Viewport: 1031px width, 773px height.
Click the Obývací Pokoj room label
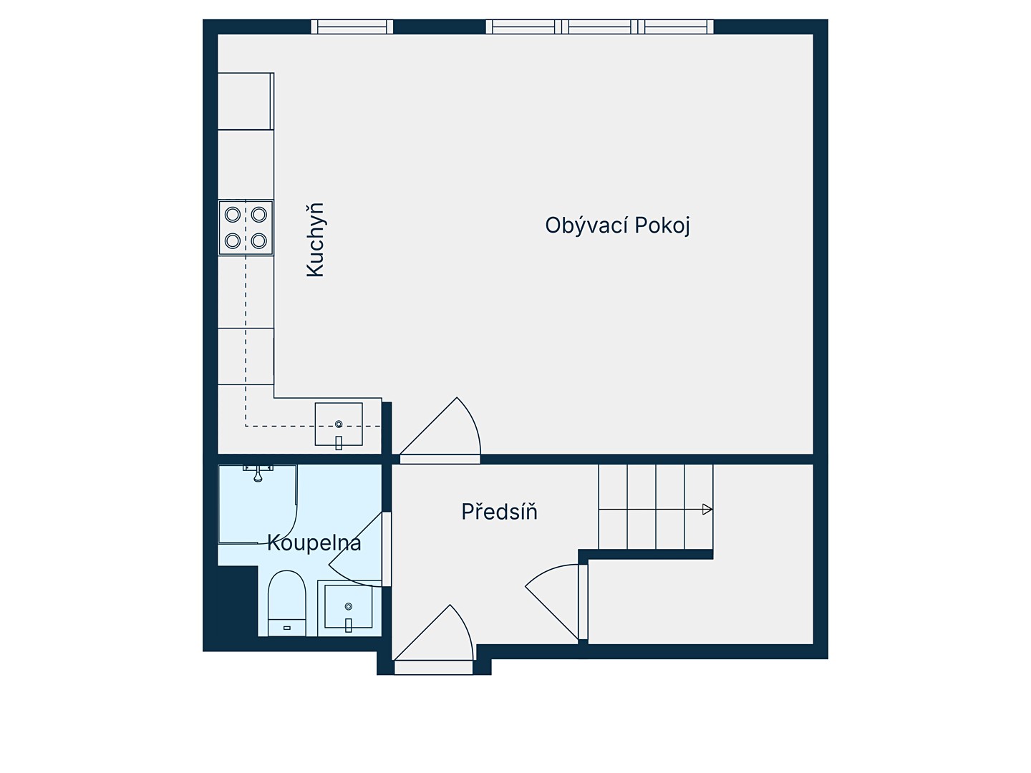(617, 225)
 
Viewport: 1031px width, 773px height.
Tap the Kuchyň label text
(315, 240)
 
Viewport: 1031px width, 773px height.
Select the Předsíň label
(499, 511)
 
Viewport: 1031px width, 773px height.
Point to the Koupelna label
(314, 543)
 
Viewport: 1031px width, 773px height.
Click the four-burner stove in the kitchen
(246, 228)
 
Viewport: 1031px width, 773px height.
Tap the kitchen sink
(339, 424)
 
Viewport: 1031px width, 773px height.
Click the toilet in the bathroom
(286, 603)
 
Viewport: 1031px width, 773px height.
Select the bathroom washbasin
(348, 608)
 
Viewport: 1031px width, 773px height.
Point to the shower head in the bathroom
(258, 474)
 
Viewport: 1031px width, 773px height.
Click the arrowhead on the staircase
(707, 509)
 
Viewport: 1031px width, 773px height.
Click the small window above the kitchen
(352, 26)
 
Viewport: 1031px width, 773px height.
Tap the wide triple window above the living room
(600, 26)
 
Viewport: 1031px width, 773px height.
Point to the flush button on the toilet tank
(287, 628)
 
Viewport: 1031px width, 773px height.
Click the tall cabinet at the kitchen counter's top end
(246, 102)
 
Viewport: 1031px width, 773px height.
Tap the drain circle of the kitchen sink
(339, 424)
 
